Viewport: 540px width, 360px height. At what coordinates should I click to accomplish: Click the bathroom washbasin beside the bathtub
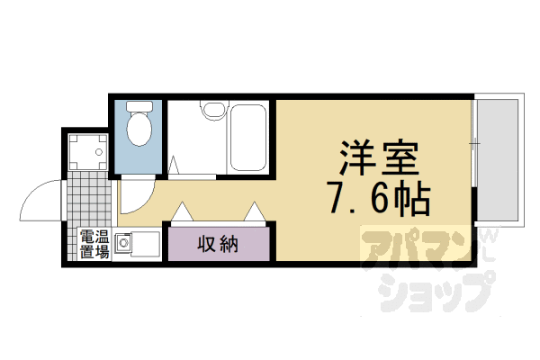click(212, 112)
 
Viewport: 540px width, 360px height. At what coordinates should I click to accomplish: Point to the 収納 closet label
click(217, 243)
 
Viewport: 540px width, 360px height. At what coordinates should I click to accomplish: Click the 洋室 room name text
click(379, 162)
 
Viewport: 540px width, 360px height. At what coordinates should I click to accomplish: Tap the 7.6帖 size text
click(379, 200)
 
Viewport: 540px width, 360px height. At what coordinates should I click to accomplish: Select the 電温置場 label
click(94, 244)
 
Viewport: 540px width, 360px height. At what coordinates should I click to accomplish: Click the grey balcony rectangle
click(498, 158)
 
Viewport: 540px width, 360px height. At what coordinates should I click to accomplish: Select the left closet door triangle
click(183, 212)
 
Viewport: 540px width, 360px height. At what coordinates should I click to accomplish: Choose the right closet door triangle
click(254, 212)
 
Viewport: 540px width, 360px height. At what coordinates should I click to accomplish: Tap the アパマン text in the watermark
click(413, 247)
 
